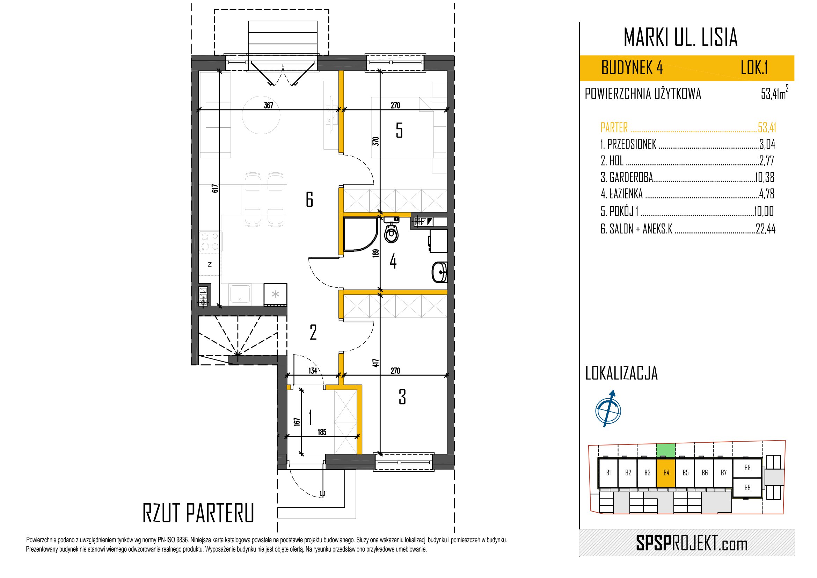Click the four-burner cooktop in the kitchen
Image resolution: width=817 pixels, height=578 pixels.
210,242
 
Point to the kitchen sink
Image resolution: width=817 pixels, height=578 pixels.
241,293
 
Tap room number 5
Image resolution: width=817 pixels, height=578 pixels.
399,130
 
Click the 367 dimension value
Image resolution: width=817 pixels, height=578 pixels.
269,105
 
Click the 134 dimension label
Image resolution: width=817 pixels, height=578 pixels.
313,371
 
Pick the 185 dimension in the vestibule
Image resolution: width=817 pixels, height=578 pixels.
322,432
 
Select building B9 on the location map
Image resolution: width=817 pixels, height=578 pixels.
747,488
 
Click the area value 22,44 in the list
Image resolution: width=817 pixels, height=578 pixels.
765,229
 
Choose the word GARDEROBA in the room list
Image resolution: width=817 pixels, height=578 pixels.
631,177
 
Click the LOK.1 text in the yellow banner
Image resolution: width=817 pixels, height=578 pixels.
754,68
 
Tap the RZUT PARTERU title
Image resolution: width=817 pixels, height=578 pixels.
198,513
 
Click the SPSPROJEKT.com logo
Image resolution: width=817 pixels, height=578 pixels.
691,543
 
